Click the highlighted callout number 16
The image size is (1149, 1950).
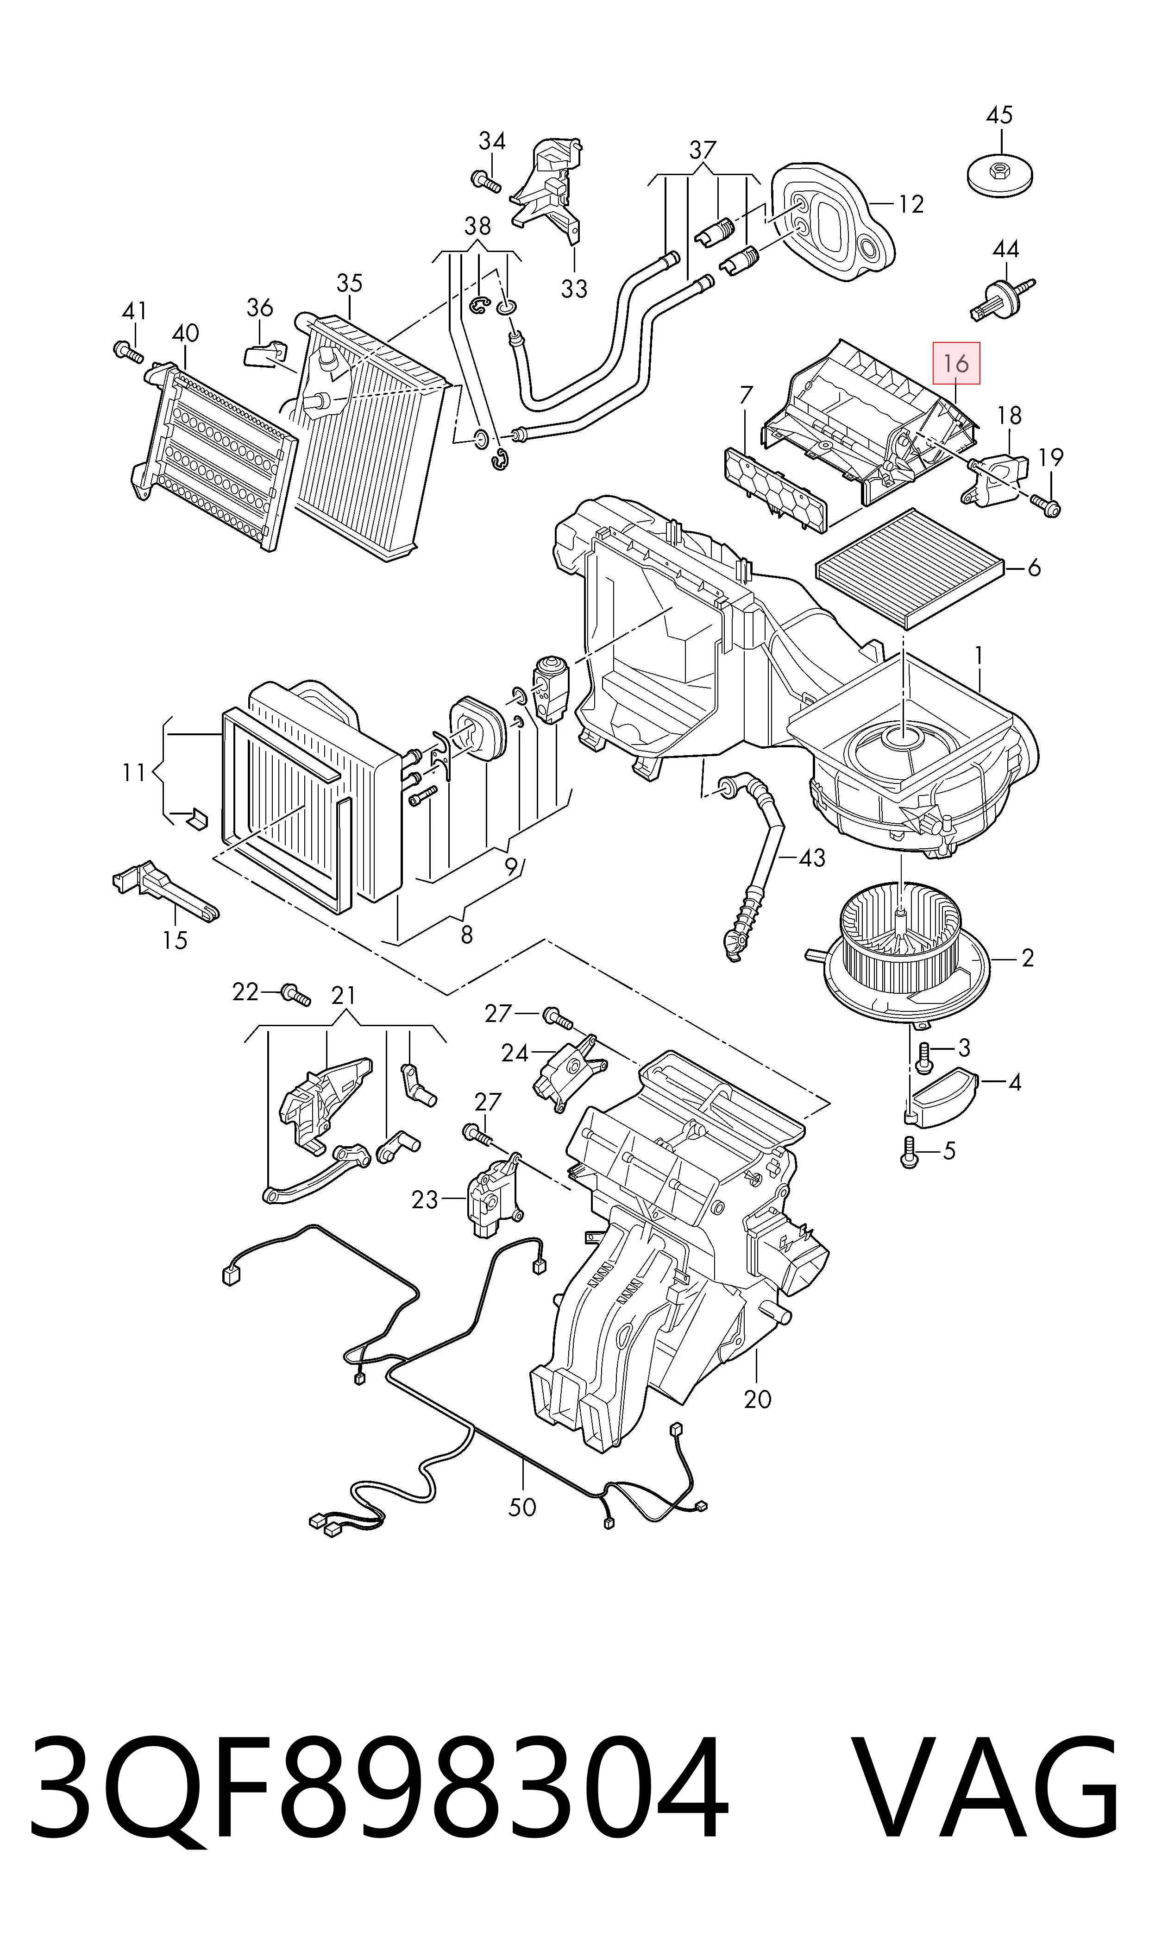pos(957,363)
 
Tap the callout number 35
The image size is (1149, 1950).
pos(349,284)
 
